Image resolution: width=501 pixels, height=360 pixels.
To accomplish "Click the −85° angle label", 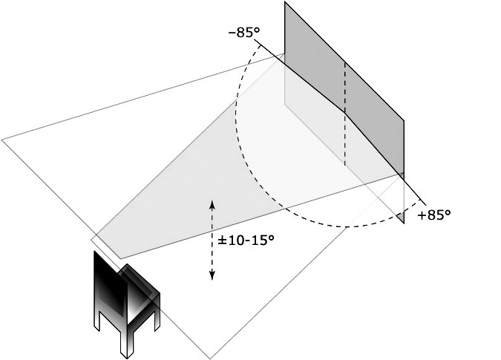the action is (244, 33).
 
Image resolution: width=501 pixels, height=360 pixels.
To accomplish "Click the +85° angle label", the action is (434, 215).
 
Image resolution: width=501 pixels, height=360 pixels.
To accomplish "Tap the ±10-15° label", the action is (246, 240).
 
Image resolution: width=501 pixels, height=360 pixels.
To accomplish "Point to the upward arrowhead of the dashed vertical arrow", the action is (212, 203).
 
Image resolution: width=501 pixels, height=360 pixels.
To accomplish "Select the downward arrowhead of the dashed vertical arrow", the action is (212, 275).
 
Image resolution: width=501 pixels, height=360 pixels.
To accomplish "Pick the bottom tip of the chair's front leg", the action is (127, 358).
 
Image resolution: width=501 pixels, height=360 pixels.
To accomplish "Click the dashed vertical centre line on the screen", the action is (345, 114).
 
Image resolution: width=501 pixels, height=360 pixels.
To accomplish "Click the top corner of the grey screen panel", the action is (285, 1).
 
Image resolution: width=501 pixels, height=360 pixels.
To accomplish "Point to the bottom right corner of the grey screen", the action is (404, 223).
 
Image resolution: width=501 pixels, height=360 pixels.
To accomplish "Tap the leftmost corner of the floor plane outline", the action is (1, 140).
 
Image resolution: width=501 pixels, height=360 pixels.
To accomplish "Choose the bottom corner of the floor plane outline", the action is (210, 359).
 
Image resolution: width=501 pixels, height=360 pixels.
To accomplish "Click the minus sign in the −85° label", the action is (232, 33).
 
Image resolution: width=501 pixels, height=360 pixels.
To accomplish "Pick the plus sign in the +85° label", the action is (422, 216).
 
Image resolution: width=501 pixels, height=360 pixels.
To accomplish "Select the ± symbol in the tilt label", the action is (222, 240).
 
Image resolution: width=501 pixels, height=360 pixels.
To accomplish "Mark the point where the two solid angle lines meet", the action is (345, 112).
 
